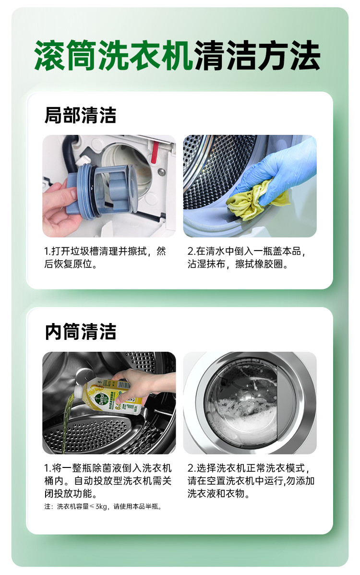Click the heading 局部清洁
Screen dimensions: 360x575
click(80, 115)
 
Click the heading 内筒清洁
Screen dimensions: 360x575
click(80, 332)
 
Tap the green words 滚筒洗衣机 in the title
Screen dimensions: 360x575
click(114, 55)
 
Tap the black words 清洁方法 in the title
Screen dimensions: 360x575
click(257, 55)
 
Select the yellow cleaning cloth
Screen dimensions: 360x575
click(257, 200)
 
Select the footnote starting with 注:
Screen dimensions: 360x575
click(103, 506)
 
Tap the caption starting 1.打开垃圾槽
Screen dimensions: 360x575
click(105, 257)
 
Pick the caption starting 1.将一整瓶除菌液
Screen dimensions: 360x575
click(108, 480)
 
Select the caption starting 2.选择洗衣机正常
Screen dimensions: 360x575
click(251, 480)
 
